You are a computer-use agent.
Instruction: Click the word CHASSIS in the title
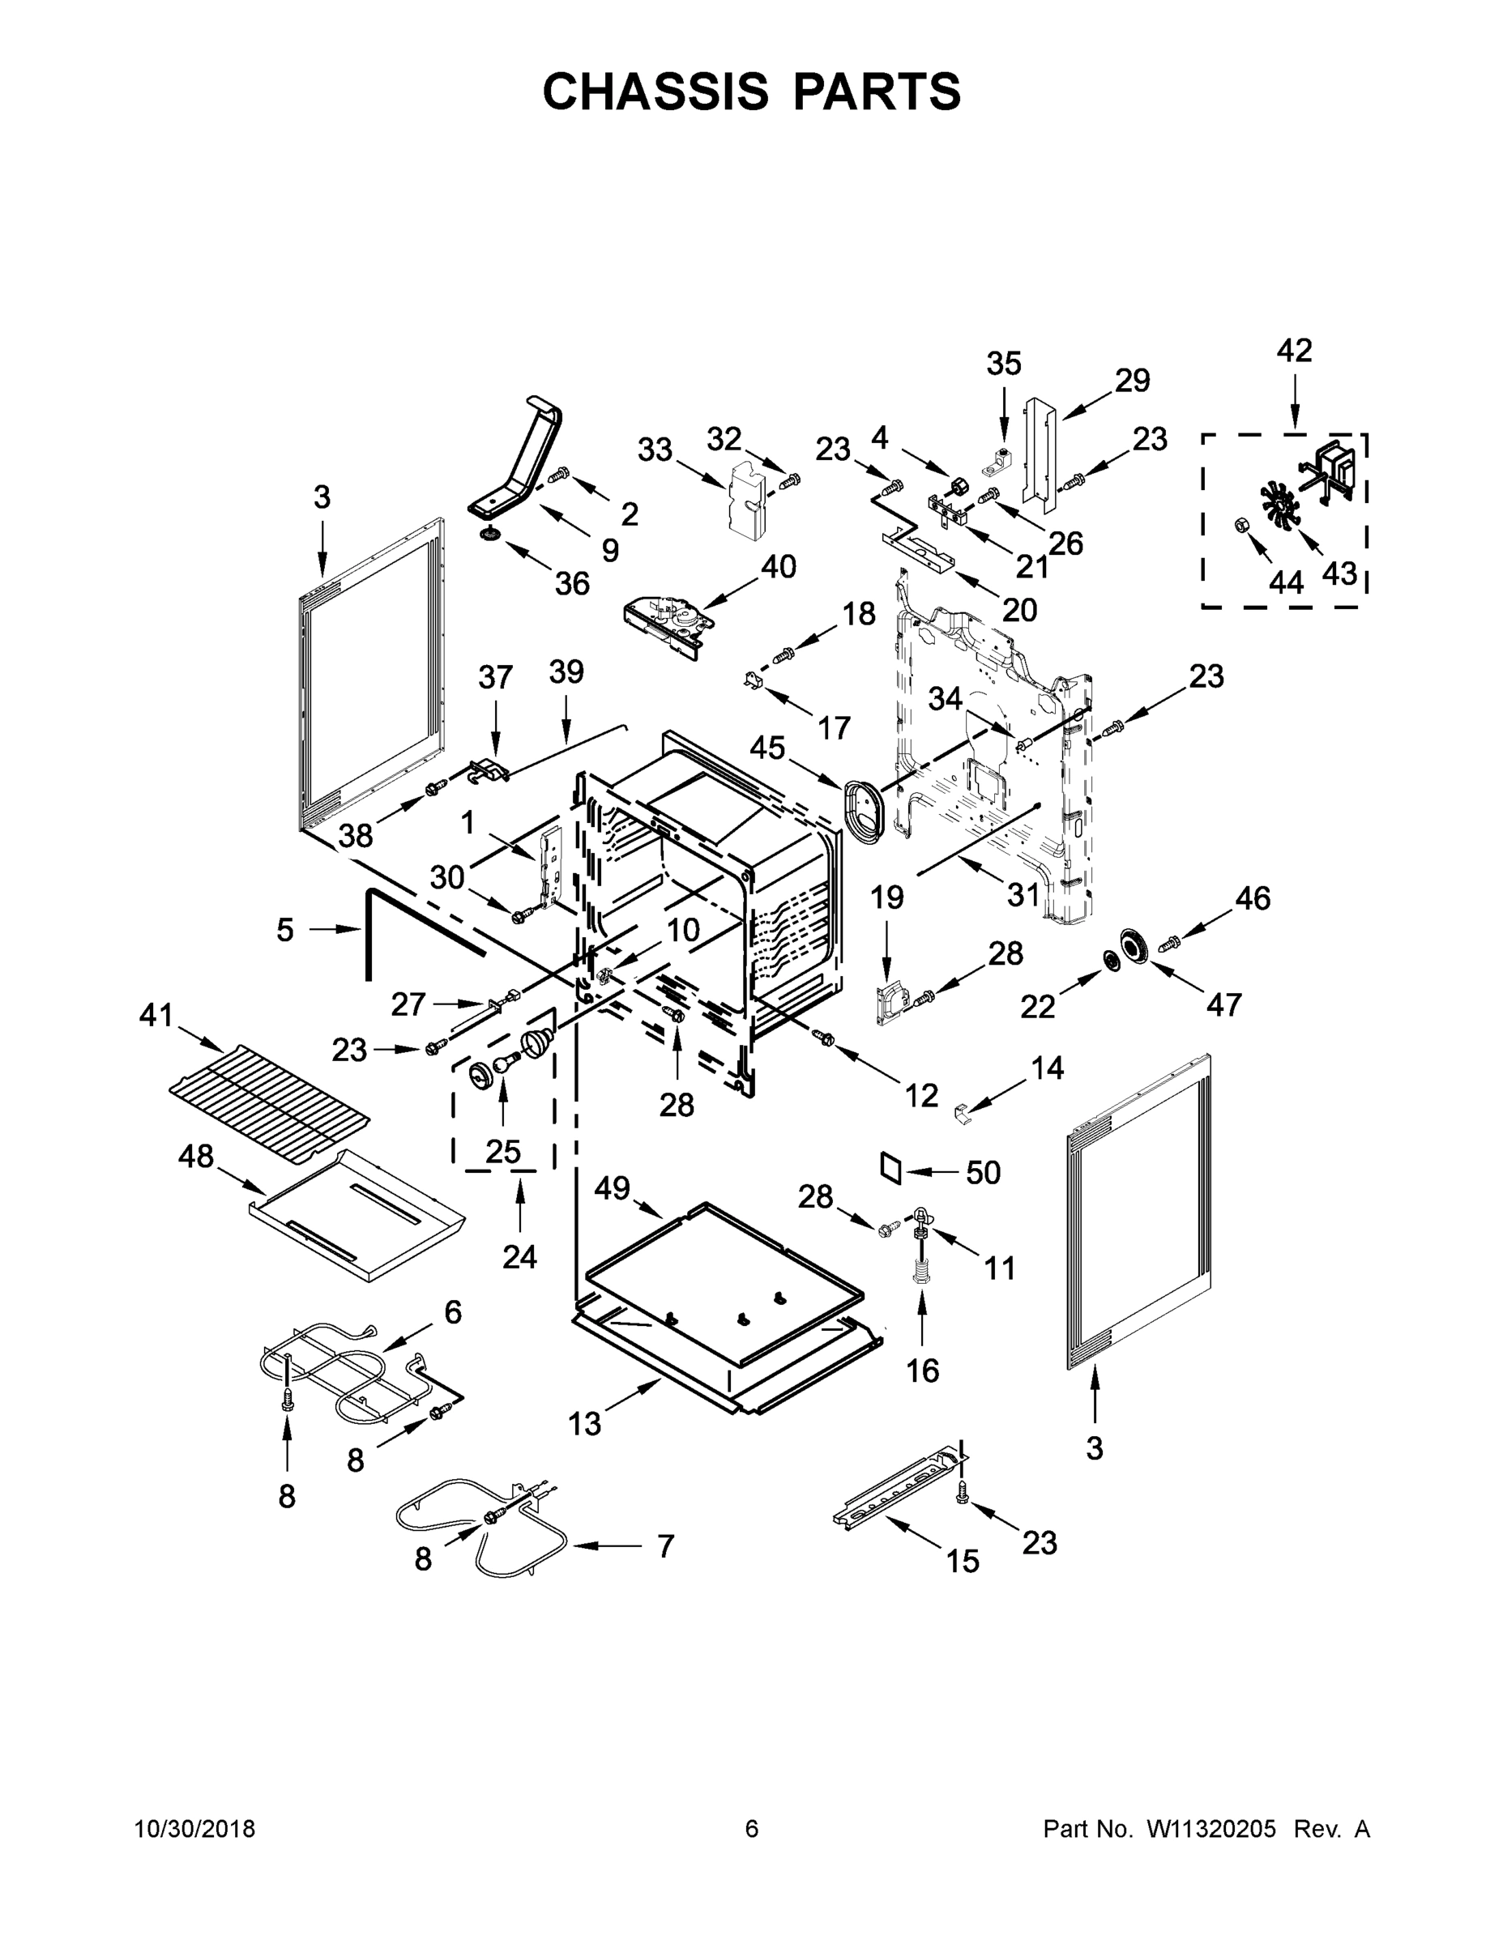tap(655, 92)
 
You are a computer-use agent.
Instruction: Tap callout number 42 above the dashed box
tap(1294, 351)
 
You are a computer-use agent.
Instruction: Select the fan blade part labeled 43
tap(1279, 506)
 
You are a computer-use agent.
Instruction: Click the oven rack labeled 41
tap(268, 1096)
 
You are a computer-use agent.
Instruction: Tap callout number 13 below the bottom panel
tap(585, 1424)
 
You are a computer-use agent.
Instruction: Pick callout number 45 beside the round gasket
tap(766, 748)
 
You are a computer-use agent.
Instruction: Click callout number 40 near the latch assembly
tap(778, 567)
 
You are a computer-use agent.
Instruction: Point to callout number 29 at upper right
tap(1132, 380)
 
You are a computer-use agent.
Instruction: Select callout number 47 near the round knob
tap(1223, 1005)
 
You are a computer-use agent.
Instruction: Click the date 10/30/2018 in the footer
tap(194, 1829)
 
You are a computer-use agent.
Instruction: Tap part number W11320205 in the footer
tap(1211, 1829)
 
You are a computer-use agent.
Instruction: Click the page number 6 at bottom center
tap(752, 1829)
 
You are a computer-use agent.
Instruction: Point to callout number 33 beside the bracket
tap(655, 450)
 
